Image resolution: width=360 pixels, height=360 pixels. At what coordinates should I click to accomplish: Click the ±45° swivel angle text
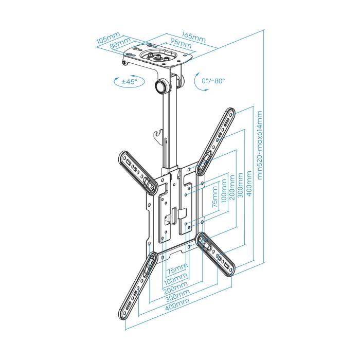[x=129, y=82]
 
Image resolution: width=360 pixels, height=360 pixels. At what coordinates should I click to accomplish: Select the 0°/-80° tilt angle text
[x=213, y=81]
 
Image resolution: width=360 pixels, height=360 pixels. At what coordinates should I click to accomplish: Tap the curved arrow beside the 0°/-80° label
[x=199, y=82]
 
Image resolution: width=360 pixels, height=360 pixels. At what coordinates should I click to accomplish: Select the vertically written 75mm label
[x=215, y=198]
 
